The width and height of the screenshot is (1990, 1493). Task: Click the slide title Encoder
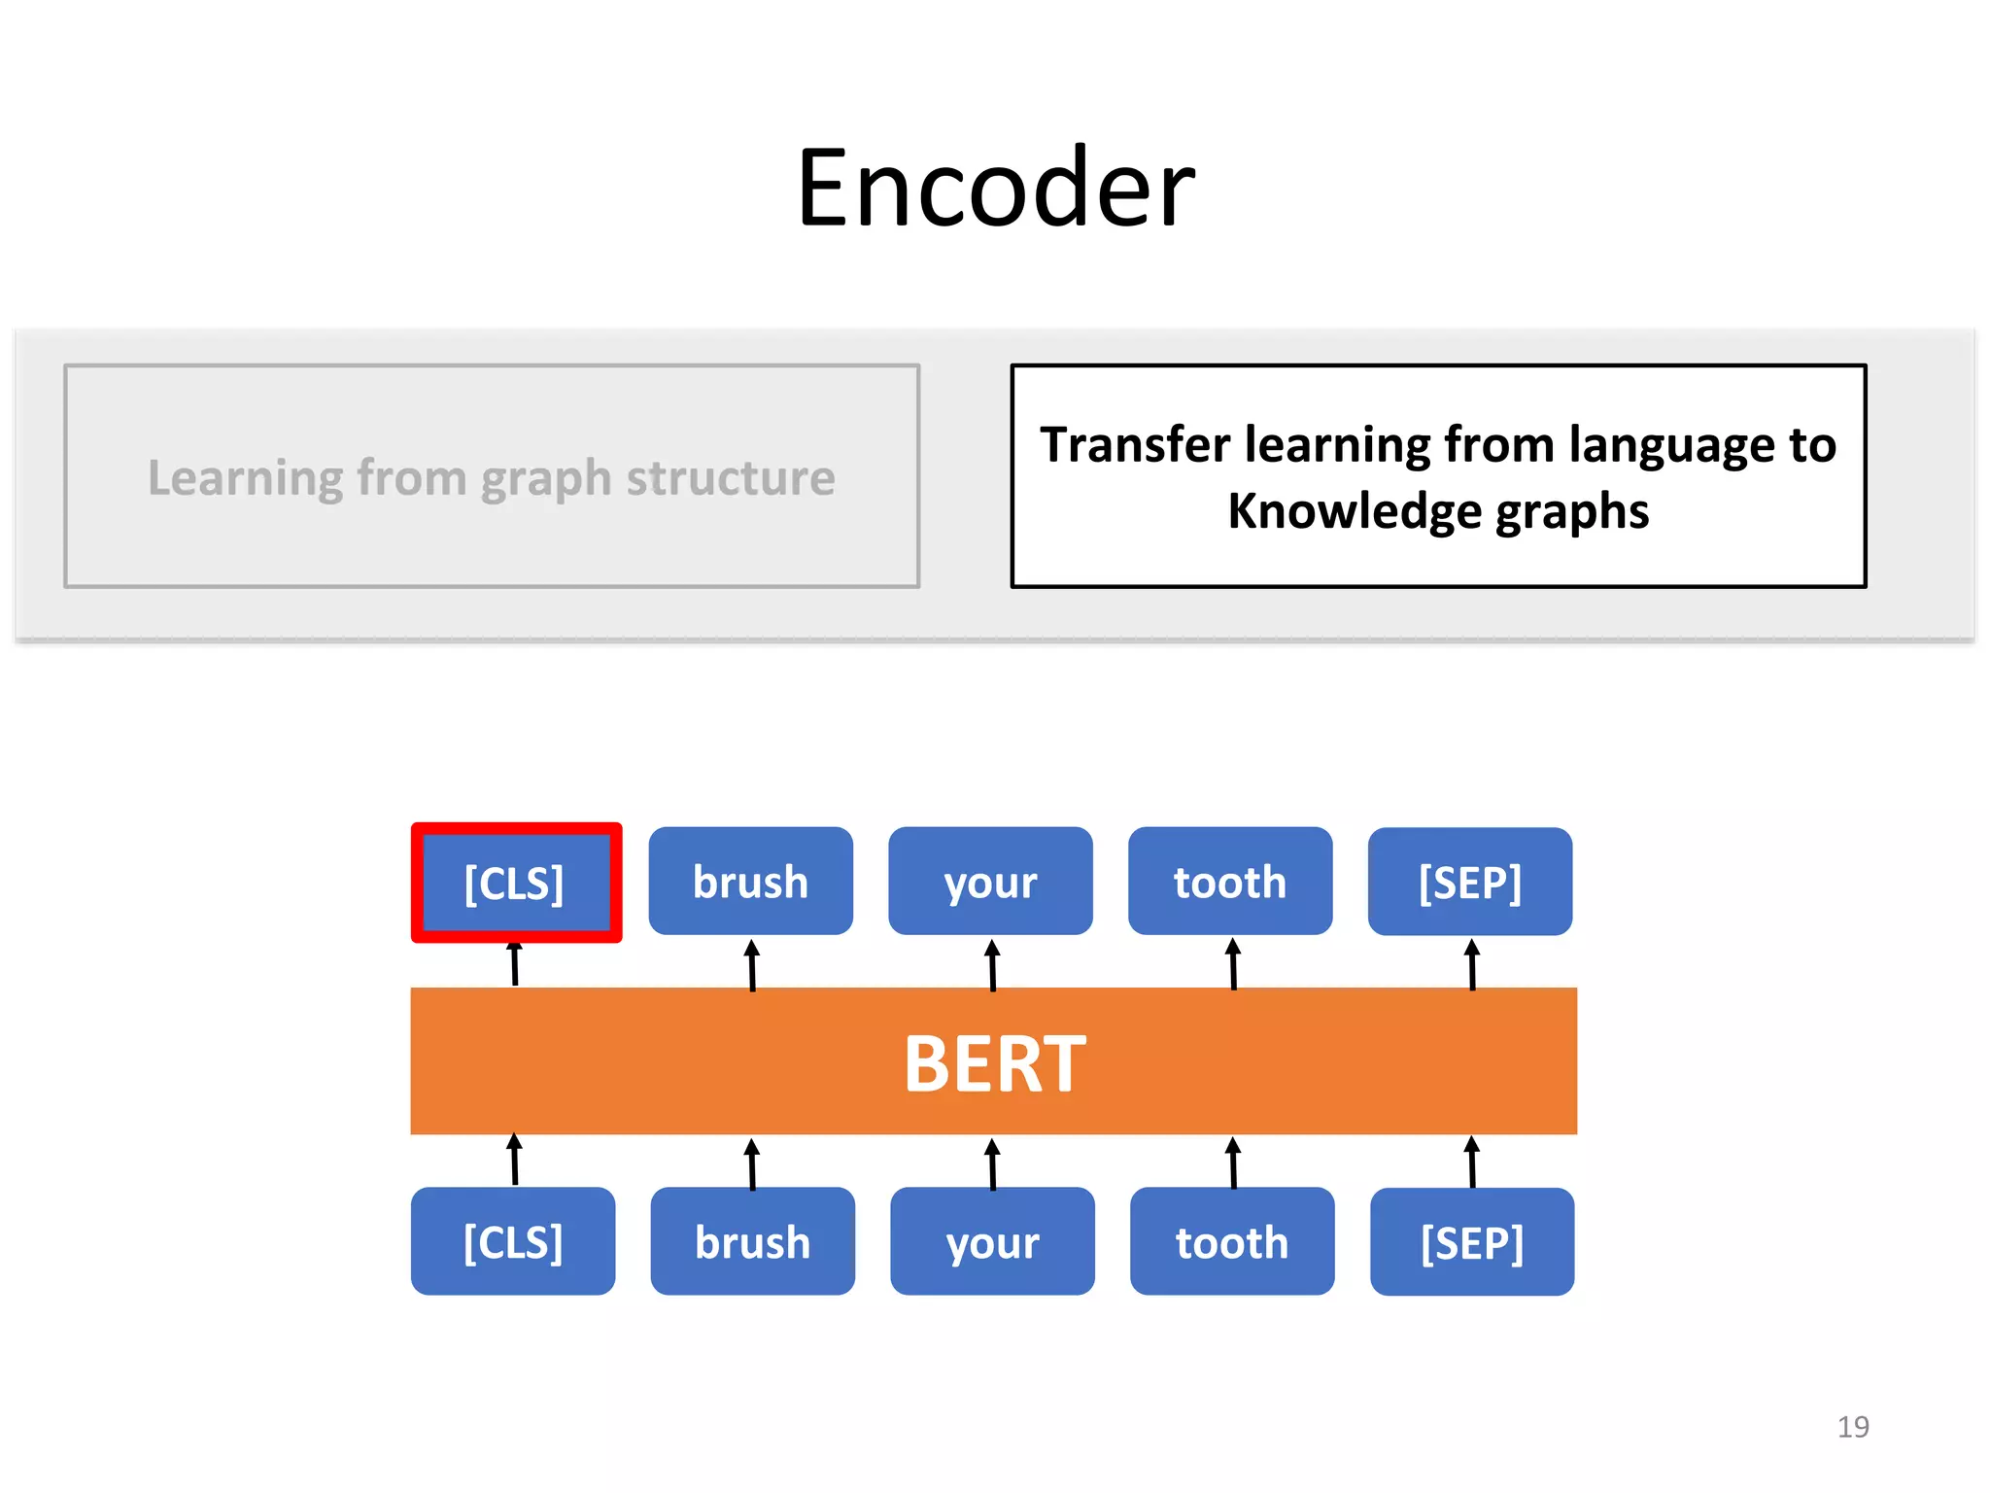tap(995, 188)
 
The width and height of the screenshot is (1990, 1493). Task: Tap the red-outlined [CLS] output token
tap(515, 883)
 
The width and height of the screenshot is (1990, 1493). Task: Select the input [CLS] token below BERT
tap(513, 1241)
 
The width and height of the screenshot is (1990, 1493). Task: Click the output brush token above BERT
tap(750, 882)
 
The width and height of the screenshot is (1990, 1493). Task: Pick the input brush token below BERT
tap(752, 1241)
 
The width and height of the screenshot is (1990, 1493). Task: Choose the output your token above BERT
tap(990, 882)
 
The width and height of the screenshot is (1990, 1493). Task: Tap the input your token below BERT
tap(992, 1241)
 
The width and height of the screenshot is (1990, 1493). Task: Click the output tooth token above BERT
tap(1230, 882)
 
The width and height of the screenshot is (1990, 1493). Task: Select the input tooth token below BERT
tap(1232, 1241)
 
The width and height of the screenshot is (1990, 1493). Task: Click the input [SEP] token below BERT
tap(1472, 1242)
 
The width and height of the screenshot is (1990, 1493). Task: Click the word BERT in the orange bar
tap(994, 1063)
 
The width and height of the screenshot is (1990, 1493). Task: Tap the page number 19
tap(1852, 1426)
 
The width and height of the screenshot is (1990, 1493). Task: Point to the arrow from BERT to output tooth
tap(1233, 964)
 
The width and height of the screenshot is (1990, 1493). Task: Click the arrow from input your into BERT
tap(992, 1163)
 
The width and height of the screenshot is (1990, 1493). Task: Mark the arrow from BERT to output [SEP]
tap(1472, 964)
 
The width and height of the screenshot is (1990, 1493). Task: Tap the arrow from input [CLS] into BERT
tap(514, 1160)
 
